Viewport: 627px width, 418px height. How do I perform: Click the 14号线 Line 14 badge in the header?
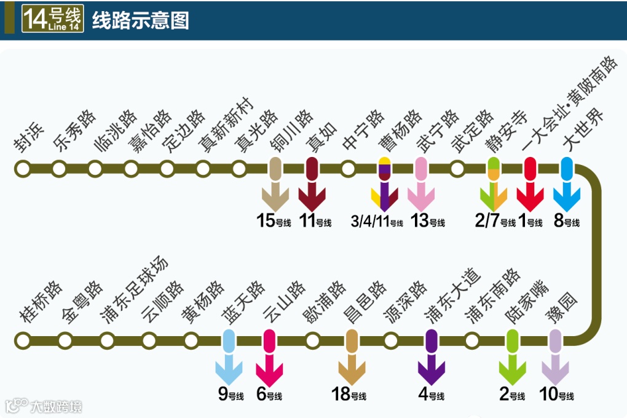tap(52, 19)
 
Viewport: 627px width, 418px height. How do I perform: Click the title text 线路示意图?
tap(140, 20)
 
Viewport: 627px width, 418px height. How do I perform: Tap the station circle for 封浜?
tap(23, 168)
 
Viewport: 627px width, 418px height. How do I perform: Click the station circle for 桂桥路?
tap(23, 340)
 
